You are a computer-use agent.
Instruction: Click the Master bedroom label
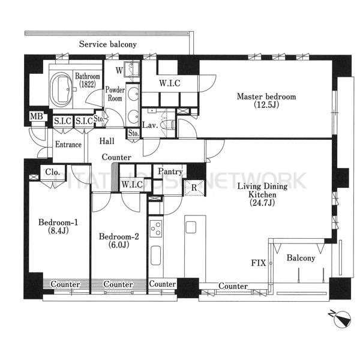pos(266,100)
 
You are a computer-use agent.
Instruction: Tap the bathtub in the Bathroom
pos(62,89)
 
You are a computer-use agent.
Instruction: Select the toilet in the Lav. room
pos(167,125)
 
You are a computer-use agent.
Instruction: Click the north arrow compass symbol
pos(341,319)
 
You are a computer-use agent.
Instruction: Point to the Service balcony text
pos(108,44)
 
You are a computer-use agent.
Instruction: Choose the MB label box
pos(37,116)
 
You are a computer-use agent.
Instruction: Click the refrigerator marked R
pos(194,187)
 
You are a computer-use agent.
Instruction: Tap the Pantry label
pos(170,172)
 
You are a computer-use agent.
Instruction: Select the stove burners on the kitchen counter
pos(156,229)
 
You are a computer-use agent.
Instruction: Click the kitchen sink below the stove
pos(156,256)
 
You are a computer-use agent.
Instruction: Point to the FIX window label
pos(259,263)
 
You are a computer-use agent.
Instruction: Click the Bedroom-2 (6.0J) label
pos(119,241)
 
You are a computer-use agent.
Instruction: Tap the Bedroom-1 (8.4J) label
pos(58,226)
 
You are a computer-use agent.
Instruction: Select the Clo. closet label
pos(53,172)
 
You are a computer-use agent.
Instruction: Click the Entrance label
pos(68,145)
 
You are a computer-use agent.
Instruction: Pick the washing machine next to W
pos(132,69)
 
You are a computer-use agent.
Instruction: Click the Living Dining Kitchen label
pos(262,194)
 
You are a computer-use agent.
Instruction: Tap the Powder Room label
pos(115,94)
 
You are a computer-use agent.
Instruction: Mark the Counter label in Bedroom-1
pos(65,284)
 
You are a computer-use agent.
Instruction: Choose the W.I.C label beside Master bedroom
pos(170,83)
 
